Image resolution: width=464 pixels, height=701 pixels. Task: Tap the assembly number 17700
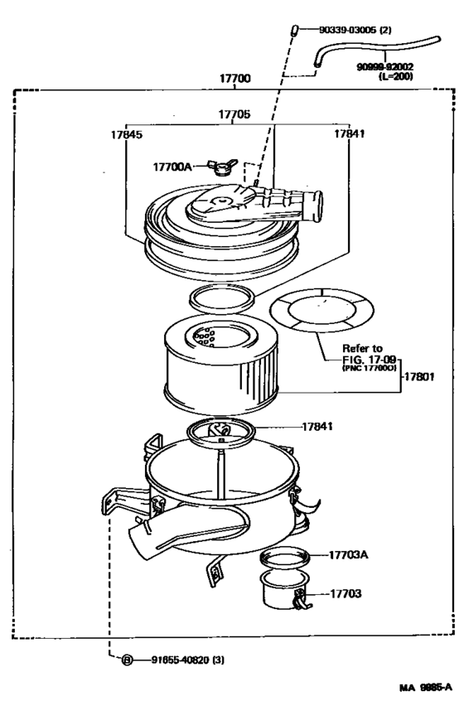pos(234,79)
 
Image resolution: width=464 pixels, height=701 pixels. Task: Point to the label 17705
pos(235,114)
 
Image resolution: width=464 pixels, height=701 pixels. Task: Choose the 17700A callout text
pos(172,167)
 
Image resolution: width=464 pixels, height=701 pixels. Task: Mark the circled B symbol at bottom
pos(128,660)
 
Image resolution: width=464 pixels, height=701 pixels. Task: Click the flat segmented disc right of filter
pos(320,313)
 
